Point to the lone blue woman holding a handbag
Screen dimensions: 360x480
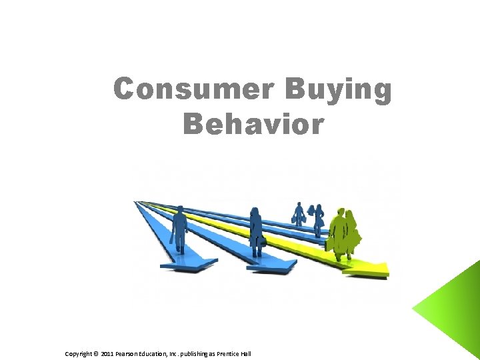pyautogui.click(x=255, y=231)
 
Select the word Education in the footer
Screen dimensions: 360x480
pyautogui.click(x=161, y=353)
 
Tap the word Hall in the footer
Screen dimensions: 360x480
pyautogui.click(x=246, y=353)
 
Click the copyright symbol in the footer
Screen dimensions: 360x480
pyautogui.click(x=96, y=353)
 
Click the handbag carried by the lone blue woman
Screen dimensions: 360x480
pyautogui.click(x=263, y=241)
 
